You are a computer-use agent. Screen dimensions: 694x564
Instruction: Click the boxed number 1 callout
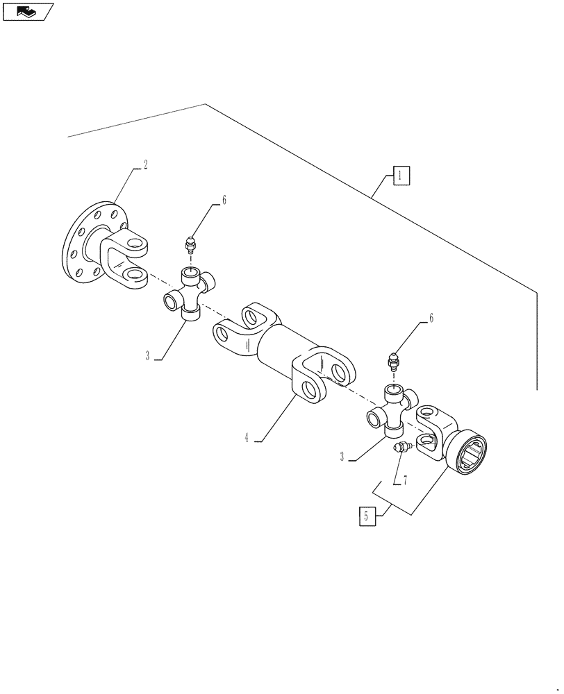(401, 176)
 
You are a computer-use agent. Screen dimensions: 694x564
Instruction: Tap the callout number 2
(144, 165)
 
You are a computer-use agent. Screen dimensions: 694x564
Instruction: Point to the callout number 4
(247, 437)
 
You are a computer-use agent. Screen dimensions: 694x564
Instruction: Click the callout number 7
(404, 480)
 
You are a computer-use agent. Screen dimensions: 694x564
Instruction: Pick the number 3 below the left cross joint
(148, 355)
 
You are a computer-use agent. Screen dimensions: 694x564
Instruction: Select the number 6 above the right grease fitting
(431, 319)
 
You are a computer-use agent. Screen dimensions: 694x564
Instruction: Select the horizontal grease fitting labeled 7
(403, 448)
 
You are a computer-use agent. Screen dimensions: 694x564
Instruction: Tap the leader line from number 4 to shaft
(278, 418)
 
